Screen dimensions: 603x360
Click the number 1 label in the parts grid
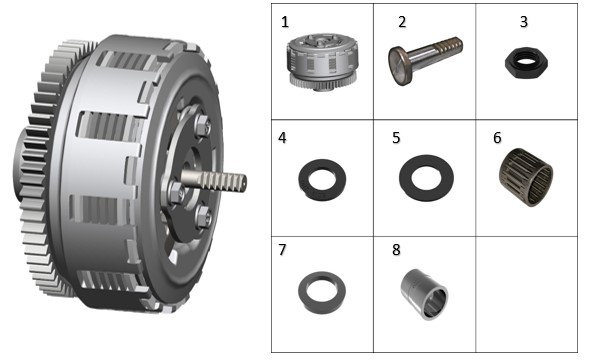pyautogui.click(x=285, y=22)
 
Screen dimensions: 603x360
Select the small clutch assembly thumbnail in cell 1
pyautogui.click(x=323, y=62)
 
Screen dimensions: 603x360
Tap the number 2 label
pyautogui.click(x=402, y=22)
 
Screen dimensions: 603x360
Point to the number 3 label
pyautogui.click(x=523, y=22)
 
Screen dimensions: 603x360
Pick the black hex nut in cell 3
pyautogui.click(x=526, y=63)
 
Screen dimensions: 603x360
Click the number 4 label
pyautogui.click(x=282, y=138)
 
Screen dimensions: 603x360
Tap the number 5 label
pyautogui.click(x=396, y=138)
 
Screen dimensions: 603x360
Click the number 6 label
pyautogui.click(x=497, y=138)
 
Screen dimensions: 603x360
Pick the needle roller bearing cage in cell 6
pyautogui.click(x=526, y=177)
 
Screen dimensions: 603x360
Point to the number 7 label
pyautogui.click(x=282, y=250)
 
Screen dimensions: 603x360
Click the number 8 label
pyautogui.click(x=396, y=250)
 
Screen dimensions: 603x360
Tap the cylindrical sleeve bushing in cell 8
pyautogui.click(x=424, y=294)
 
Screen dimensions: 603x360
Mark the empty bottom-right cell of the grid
pyautogui.click(x=526, y=294)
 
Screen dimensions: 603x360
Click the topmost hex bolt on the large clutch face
pyautogui.click(x=202, y=125)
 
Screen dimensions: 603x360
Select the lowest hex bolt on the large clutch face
pyautogui.click(x=203, y=217)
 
